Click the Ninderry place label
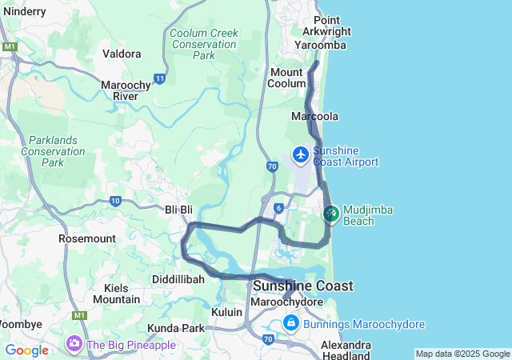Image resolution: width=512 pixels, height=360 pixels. (x=24, y=11)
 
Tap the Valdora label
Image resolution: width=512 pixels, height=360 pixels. (x=122, y=54)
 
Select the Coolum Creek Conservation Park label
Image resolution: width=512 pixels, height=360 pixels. (x=203, y=44)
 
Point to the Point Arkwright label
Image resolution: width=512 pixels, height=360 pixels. (x=327, y=26)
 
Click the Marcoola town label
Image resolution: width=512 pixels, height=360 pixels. (x=315, y=116)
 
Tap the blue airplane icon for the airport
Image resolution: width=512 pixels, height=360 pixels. (x=301, y=154)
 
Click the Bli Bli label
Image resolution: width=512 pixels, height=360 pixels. (x=179, y=210)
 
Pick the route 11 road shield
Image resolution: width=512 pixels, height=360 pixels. (x=160, y=78)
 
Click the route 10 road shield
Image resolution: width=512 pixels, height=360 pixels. (x=116, y=201)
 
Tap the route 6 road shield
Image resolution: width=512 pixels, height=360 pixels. (x=278, y=208)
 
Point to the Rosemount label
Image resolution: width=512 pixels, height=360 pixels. (x=87, y=238)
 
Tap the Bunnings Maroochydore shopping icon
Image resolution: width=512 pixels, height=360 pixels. (x=291, y=323)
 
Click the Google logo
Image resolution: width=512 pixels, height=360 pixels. (x=26, y=350)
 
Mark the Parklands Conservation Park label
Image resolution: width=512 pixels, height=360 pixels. (x=52, y=150)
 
